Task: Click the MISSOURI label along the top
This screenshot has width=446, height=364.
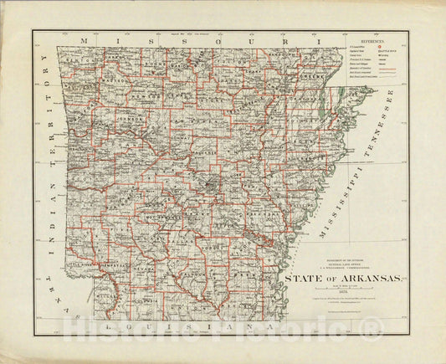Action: (197, 40)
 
